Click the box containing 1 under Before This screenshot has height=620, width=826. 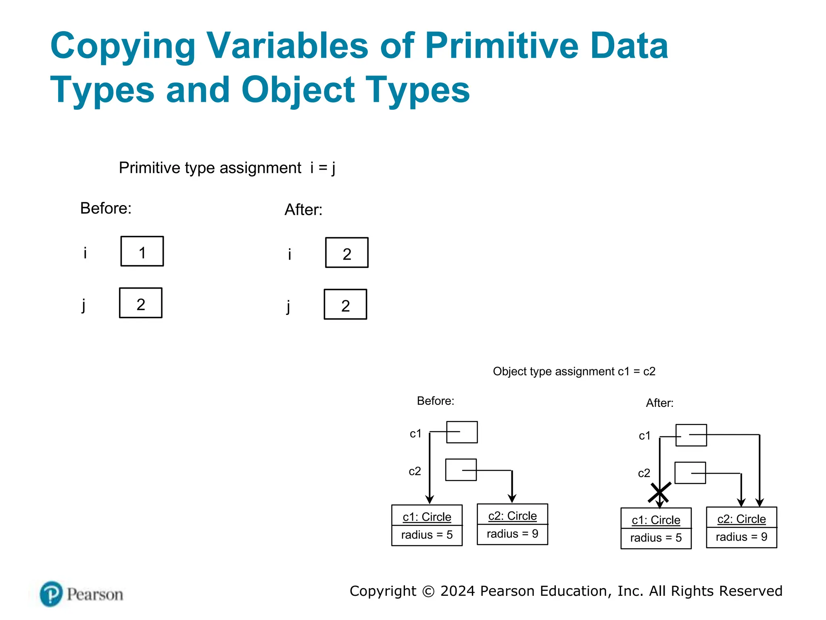pos(142,251)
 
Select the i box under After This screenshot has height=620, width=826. pos(347,253)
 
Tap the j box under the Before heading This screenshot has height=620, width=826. pos(141,303)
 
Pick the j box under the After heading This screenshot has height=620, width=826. pos(346,305)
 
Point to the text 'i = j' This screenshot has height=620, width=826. pos(323,168)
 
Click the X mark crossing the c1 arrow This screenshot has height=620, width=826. pos(659,492)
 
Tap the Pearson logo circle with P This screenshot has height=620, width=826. pos(51,594)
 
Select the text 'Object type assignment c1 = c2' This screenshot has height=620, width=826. pos(574,371)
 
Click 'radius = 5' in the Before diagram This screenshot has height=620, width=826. pos(427,535)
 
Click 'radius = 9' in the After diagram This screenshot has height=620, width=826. pos(741,537)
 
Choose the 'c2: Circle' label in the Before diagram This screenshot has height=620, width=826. pos(512,516)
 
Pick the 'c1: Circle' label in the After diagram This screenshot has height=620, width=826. pos(656,520)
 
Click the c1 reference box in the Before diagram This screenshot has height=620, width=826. pos(462,432)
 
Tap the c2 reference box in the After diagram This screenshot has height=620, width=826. pos(690,473)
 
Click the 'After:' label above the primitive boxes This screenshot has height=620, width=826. pos(303,210)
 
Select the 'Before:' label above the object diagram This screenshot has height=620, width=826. pos(436,401)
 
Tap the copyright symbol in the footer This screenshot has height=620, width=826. pos(428,591)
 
